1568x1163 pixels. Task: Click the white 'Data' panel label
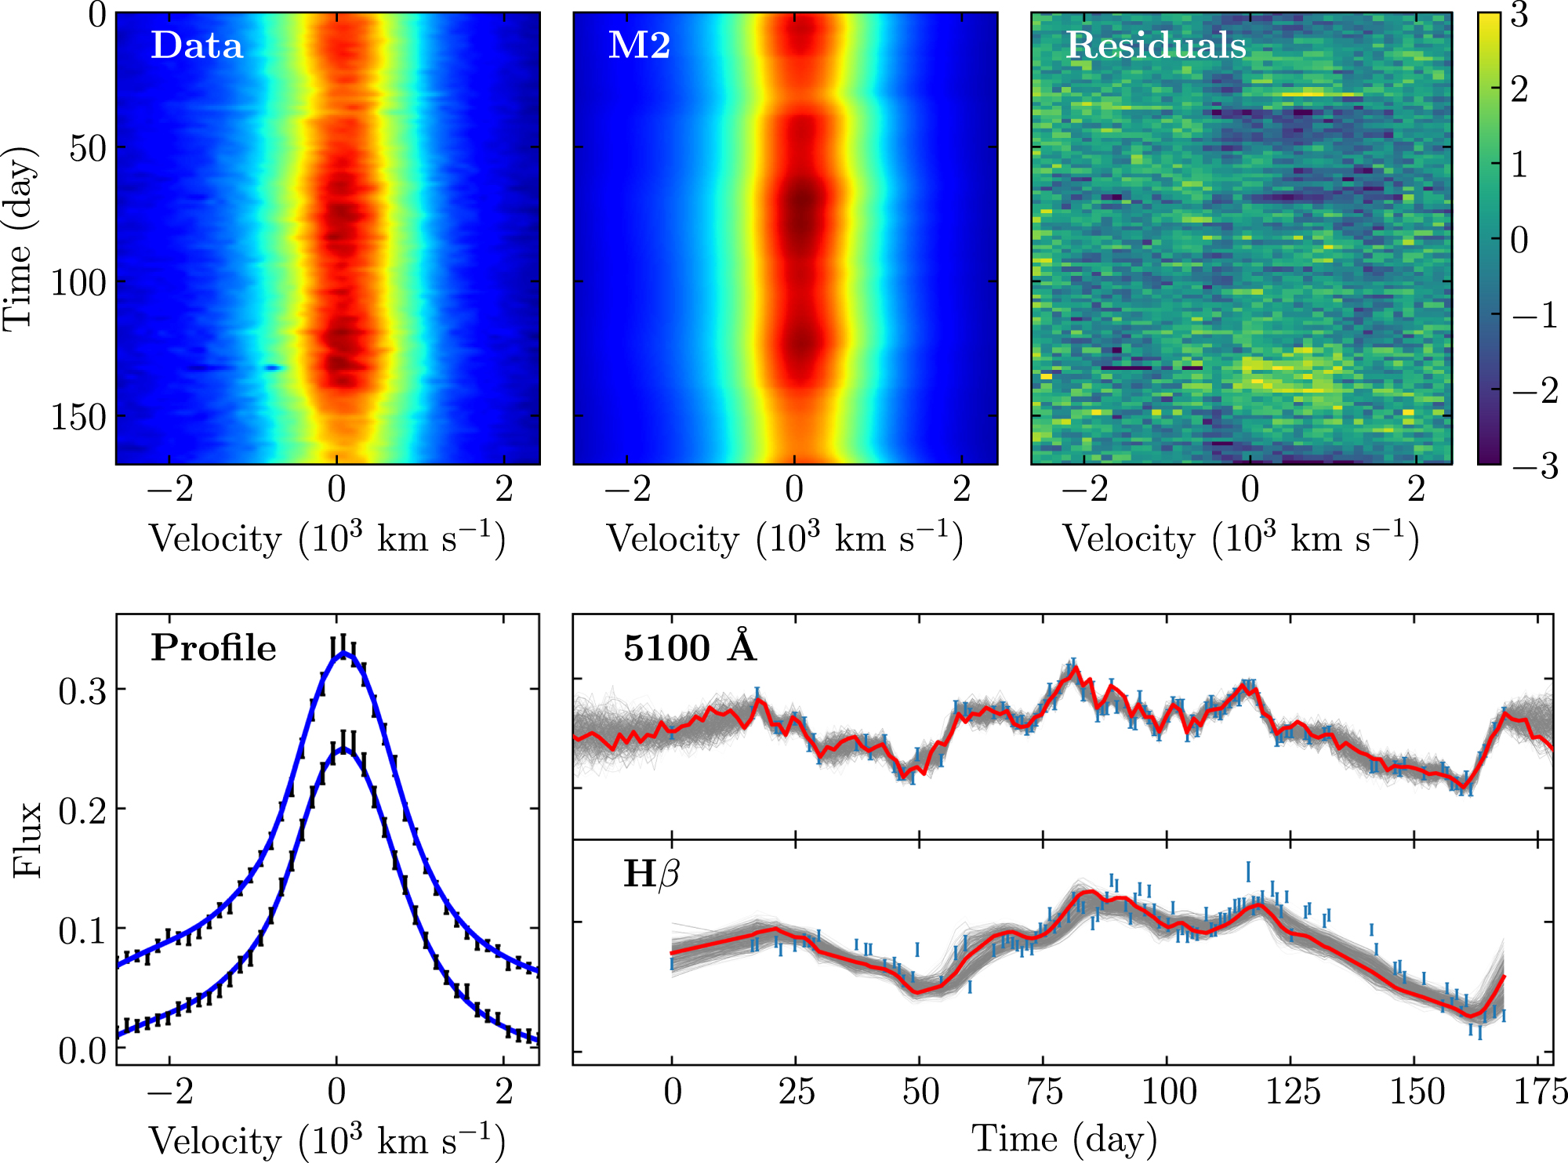tap(197, 45)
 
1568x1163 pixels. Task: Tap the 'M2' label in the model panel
tap(639, 45)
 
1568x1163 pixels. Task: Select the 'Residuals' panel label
tap(1156, 45)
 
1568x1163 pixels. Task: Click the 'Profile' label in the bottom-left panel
tap(213, 648)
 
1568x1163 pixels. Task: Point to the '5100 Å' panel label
tap(690, 648)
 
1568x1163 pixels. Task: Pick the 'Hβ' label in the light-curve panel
tap(651, 874)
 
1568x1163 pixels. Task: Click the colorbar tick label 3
tap(1519, 15)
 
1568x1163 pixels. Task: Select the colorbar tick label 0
tap(1519, 241)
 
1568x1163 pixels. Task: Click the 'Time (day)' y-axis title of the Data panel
tap(19, 238)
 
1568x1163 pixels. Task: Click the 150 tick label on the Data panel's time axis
tap(78, 417)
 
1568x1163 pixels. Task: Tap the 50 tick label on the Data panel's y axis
tap(88, 148)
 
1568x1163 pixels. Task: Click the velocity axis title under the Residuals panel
tap(1240, 539)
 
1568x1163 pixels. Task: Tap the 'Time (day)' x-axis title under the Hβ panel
tap(1064, 1139)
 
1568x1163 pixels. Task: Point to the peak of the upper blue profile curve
tap(343, 653)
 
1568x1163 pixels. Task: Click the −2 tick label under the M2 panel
tap(628, 489)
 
